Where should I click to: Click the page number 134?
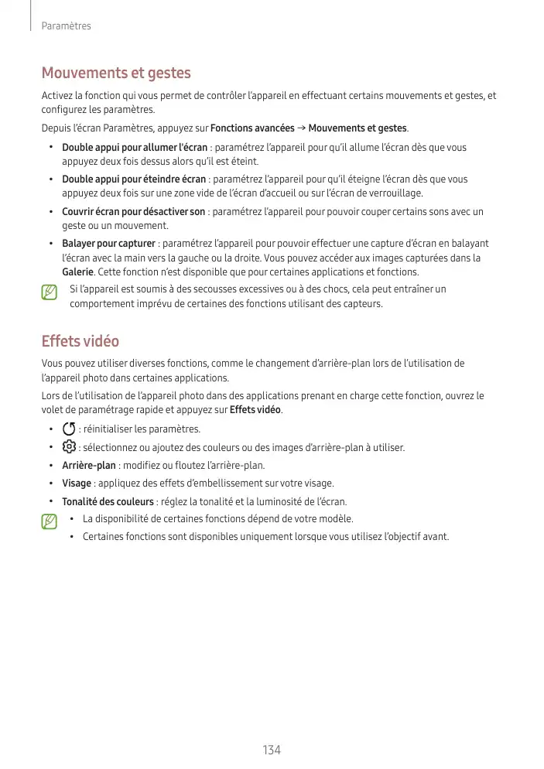pos(272,750)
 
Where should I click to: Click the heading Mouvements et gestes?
pos(115,73)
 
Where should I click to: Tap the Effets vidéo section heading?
pos(80,341)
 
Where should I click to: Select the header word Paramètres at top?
pos(66,26)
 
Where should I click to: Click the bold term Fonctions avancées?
pos(252,128)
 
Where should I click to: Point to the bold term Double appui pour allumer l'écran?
pos(135,147)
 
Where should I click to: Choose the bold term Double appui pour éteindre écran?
pos(134,179)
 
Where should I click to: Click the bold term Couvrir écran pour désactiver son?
pos(133,212)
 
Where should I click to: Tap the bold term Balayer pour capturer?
pos(108,244)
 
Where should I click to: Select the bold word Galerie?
pos(77,272)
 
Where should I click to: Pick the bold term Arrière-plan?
pos(89,466)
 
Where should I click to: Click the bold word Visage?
pos(77,484)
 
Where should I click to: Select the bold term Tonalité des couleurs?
pos(108,501)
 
